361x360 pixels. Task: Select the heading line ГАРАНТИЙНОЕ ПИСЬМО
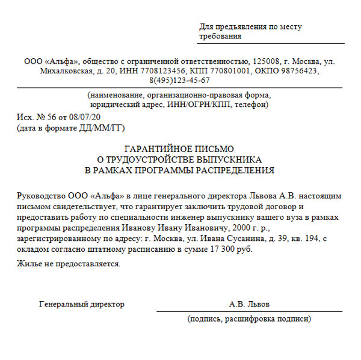179,148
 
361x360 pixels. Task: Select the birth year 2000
238,227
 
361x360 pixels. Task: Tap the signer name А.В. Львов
249,304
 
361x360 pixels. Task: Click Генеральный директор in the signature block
82,304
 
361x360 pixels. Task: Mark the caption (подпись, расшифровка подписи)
249,319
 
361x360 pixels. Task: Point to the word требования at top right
220,36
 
